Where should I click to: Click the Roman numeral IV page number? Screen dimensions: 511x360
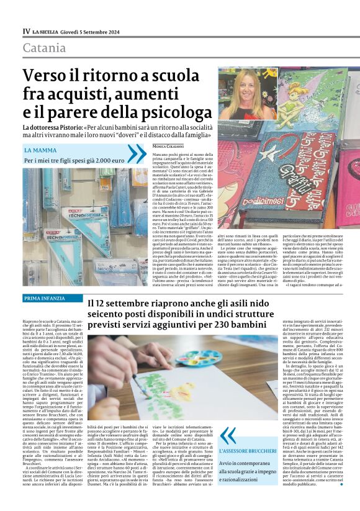(x=26, y=30)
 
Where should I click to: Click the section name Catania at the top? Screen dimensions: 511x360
(x=43, y=48)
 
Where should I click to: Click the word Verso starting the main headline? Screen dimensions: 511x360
(x=46, y=76)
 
